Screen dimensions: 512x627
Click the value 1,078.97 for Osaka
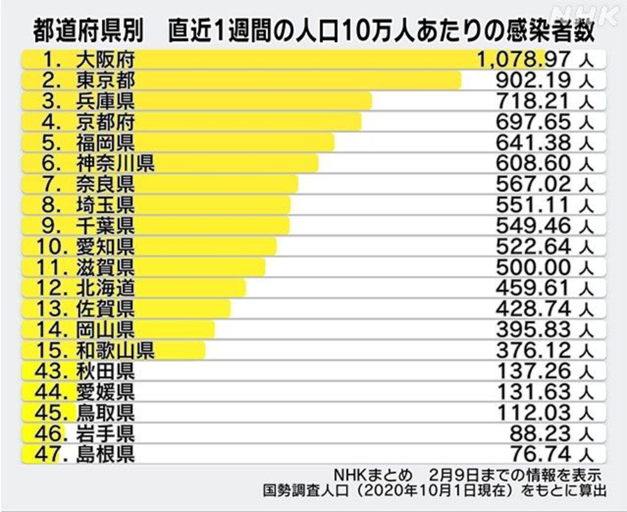[523, 59]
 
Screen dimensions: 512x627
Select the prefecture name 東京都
[105, 80]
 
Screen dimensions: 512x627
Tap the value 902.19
[533, 80]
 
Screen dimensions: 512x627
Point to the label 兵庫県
[105, 101]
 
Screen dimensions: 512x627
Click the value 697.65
[533, 122]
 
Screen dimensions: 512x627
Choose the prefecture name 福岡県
[105, 143]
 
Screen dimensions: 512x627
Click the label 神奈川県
[115, 164]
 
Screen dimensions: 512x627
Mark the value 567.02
[533, 185]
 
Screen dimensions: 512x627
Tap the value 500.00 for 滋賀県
[533, 268]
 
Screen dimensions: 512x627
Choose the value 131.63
[533, 392]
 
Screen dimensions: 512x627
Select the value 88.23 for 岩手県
[540, 434]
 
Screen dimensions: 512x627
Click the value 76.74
[540, 455]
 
